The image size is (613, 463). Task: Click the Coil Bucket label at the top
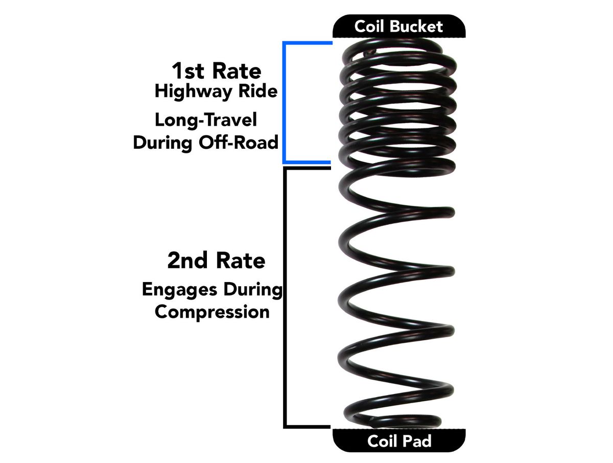pos(399,26)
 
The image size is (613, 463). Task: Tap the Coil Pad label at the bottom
pos(399,441)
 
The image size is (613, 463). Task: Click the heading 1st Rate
pos(216,71)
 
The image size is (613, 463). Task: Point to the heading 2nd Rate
pos(216,261)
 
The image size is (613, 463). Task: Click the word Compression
pos(212,311)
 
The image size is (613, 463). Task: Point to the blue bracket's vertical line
pos(284,102)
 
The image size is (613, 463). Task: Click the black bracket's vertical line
pos(284,296)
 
